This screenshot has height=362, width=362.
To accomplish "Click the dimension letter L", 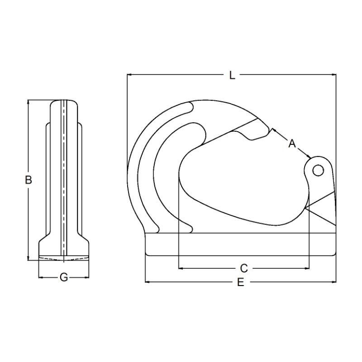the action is [232, 75].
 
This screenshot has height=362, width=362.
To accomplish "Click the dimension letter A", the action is [292, 143].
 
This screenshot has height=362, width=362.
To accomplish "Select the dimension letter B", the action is [28, 180].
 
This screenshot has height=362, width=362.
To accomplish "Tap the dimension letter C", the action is [244, 268].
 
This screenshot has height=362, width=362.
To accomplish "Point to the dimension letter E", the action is [241, 282].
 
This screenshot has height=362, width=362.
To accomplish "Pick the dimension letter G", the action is [64, 277].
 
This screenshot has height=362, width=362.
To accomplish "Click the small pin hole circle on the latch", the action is [318, 171].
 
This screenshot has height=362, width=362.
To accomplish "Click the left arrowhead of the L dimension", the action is [129, 75].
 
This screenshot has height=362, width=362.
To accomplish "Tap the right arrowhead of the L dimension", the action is [333, 75].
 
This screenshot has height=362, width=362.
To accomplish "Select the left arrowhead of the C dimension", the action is [181, 268].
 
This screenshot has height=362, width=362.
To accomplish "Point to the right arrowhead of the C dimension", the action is [307, 268].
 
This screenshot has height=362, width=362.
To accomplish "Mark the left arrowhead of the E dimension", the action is [148, 282].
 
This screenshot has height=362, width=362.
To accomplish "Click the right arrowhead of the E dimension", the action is [333, 282].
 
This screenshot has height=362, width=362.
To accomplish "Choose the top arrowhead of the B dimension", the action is [28, 102].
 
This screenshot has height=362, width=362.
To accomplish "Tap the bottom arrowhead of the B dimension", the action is [28, 258].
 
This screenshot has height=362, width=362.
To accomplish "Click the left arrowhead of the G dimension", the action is [41, 277].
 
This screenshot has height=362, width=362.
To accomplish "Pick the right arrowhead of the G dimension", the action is [86, 277].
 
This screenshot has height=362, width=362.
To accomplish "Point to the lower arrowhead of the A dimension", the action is [309, 157].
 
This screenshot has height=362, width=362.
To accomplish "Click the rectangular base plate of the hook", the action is [241, 244].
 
